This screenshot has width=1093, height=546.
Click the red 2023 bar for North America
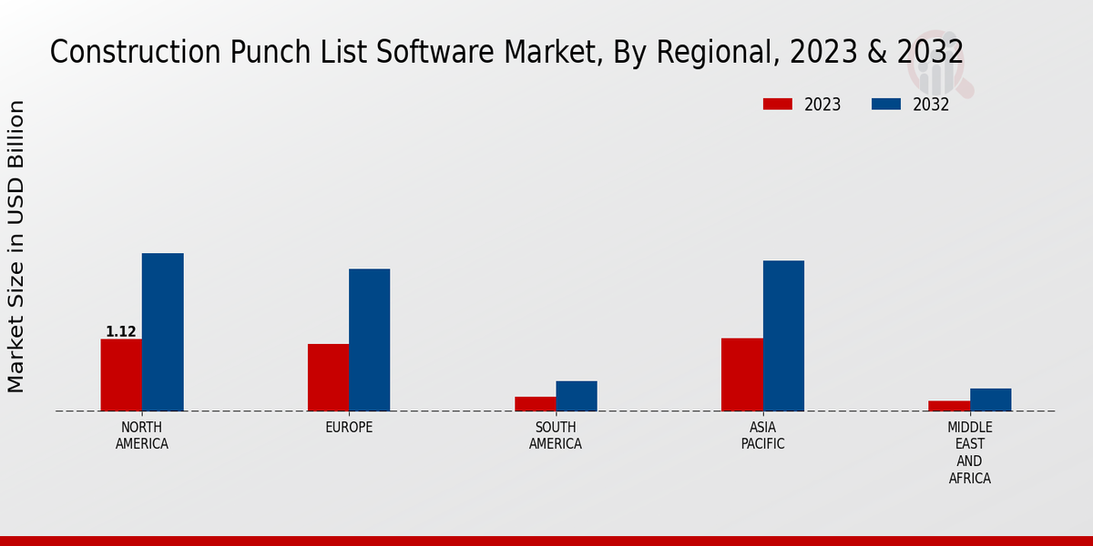coord(121,375)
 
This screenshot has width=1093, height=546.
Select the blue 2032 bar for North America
coord(162,332)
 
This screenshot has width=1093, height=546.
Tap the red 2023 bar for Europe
coord(328,378)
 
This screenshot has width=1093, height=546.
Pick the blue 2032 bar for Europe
coord(369,339)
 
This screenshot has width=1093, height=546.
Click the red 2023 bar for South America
coord(535,404)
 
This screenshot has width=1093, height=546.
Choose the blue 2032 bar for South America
coord(577,396)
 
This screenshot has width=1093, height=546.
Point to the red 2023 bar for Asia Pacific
coord(741,375)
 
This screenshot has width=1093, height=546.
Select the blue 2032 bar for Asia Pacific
coord(783,336)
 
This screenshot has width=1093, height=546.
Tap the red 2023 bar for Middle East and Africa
coord(949,406)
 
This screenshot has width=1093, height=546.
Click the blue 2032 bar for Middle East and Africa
coord(990,399)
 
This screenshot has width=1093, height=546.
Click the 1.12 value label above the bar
coord(121,332)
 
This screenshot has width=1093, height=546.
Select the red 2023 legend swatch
coord(777,105)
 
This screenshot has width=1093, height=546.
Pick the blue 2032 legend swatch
coord(885,105)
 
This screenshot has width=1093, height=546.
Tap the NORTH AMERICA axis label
coord(142,436)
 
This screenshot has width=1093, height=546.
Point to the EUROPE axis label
coord(349,428)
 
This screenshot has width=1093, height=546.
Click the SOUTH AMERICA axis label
coord(556,436)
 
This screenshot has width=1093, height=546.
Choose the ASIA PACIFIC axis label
coord(763,436)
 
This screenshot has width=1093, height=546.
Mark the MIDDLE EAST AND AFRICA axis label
coord(970,452)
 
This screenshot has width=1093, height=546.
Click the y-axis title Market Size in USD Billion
coord(16,246)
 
